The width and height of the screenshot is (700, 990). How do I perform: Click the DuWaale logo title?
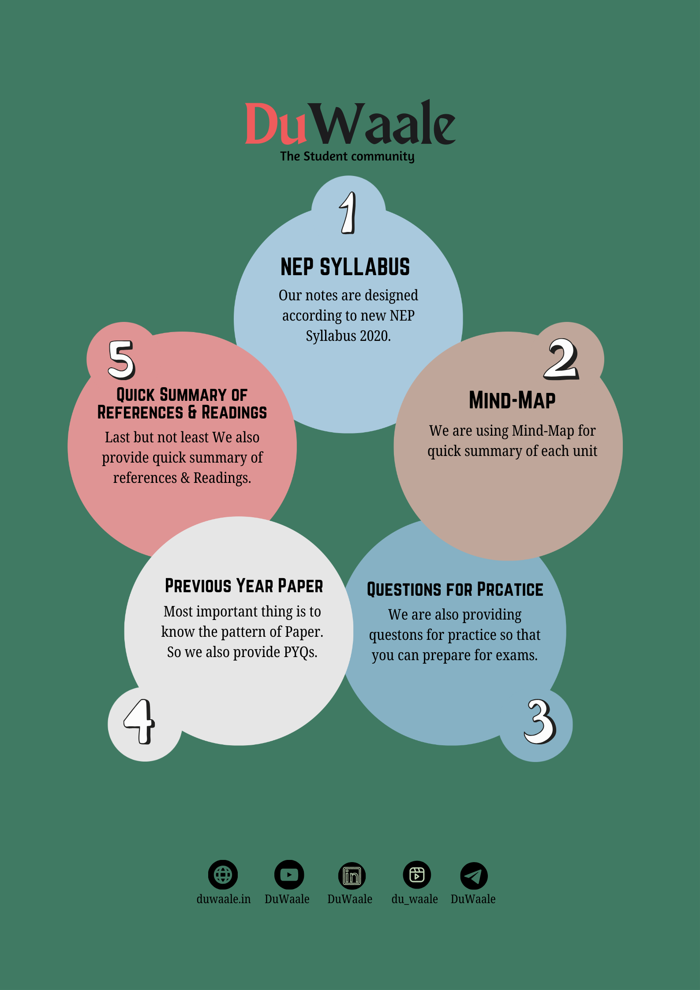point(350,122)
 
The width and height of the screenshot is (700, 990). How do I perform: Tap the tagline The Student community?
point(347,157)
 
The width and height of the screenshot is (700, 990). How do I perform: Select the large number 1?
point(348,213)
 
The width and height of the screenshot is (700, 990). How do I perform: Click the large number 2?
point(561,359)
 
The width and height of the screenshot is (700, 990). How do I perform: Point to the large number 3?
point(539,721)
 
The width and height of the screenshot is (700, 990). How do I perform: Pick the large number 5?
point(121,360)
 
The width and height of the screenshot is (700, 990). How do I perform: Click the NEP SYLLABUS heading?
point(345,267)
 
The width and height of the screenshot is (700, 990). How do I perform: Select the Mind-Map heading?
point(512,400)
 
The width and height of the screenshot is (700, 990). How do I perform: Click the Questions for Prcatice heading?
point(455,590)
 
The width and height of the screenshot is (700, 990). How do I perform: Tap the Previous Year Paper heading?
point(244,586)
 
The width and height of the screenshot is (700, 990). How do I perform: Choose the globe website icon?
point(223,874)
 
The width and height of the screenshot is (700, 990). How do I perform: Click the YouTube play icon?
point(289,874)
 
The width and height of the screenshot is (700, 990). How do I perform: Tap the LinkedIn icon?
point(352,876)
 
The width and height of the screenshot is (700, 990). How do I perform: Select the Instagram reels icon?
point(417,874)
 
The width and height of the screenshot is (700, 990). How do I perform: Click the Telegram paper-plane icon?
point(474,876)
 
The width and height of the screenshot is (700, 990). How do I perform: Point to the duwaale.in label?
point(224,899)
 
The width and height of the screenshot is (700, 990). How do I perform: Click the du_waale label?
point(415,899)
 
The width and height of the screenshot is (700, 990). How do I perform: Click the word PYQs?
point(300,652)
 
